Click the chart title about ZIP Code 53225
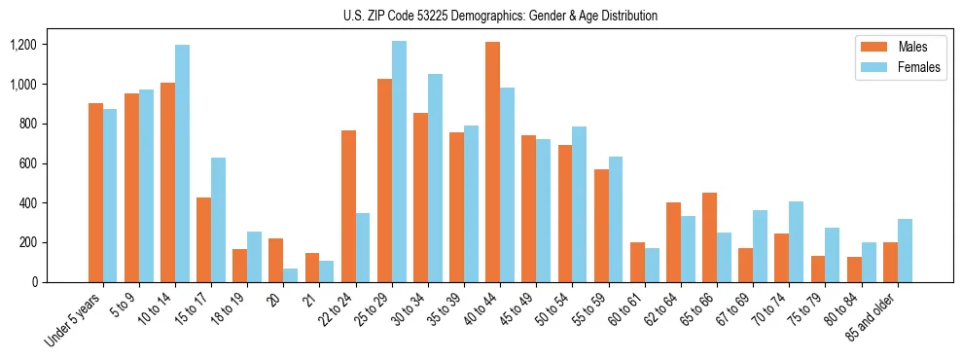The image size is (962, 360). click(x=500, y=16)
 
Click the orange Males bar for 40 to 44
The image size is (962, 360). click(x=492, y=162)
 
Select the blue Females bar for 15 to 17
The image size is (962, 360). click(x=218, y=220)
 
